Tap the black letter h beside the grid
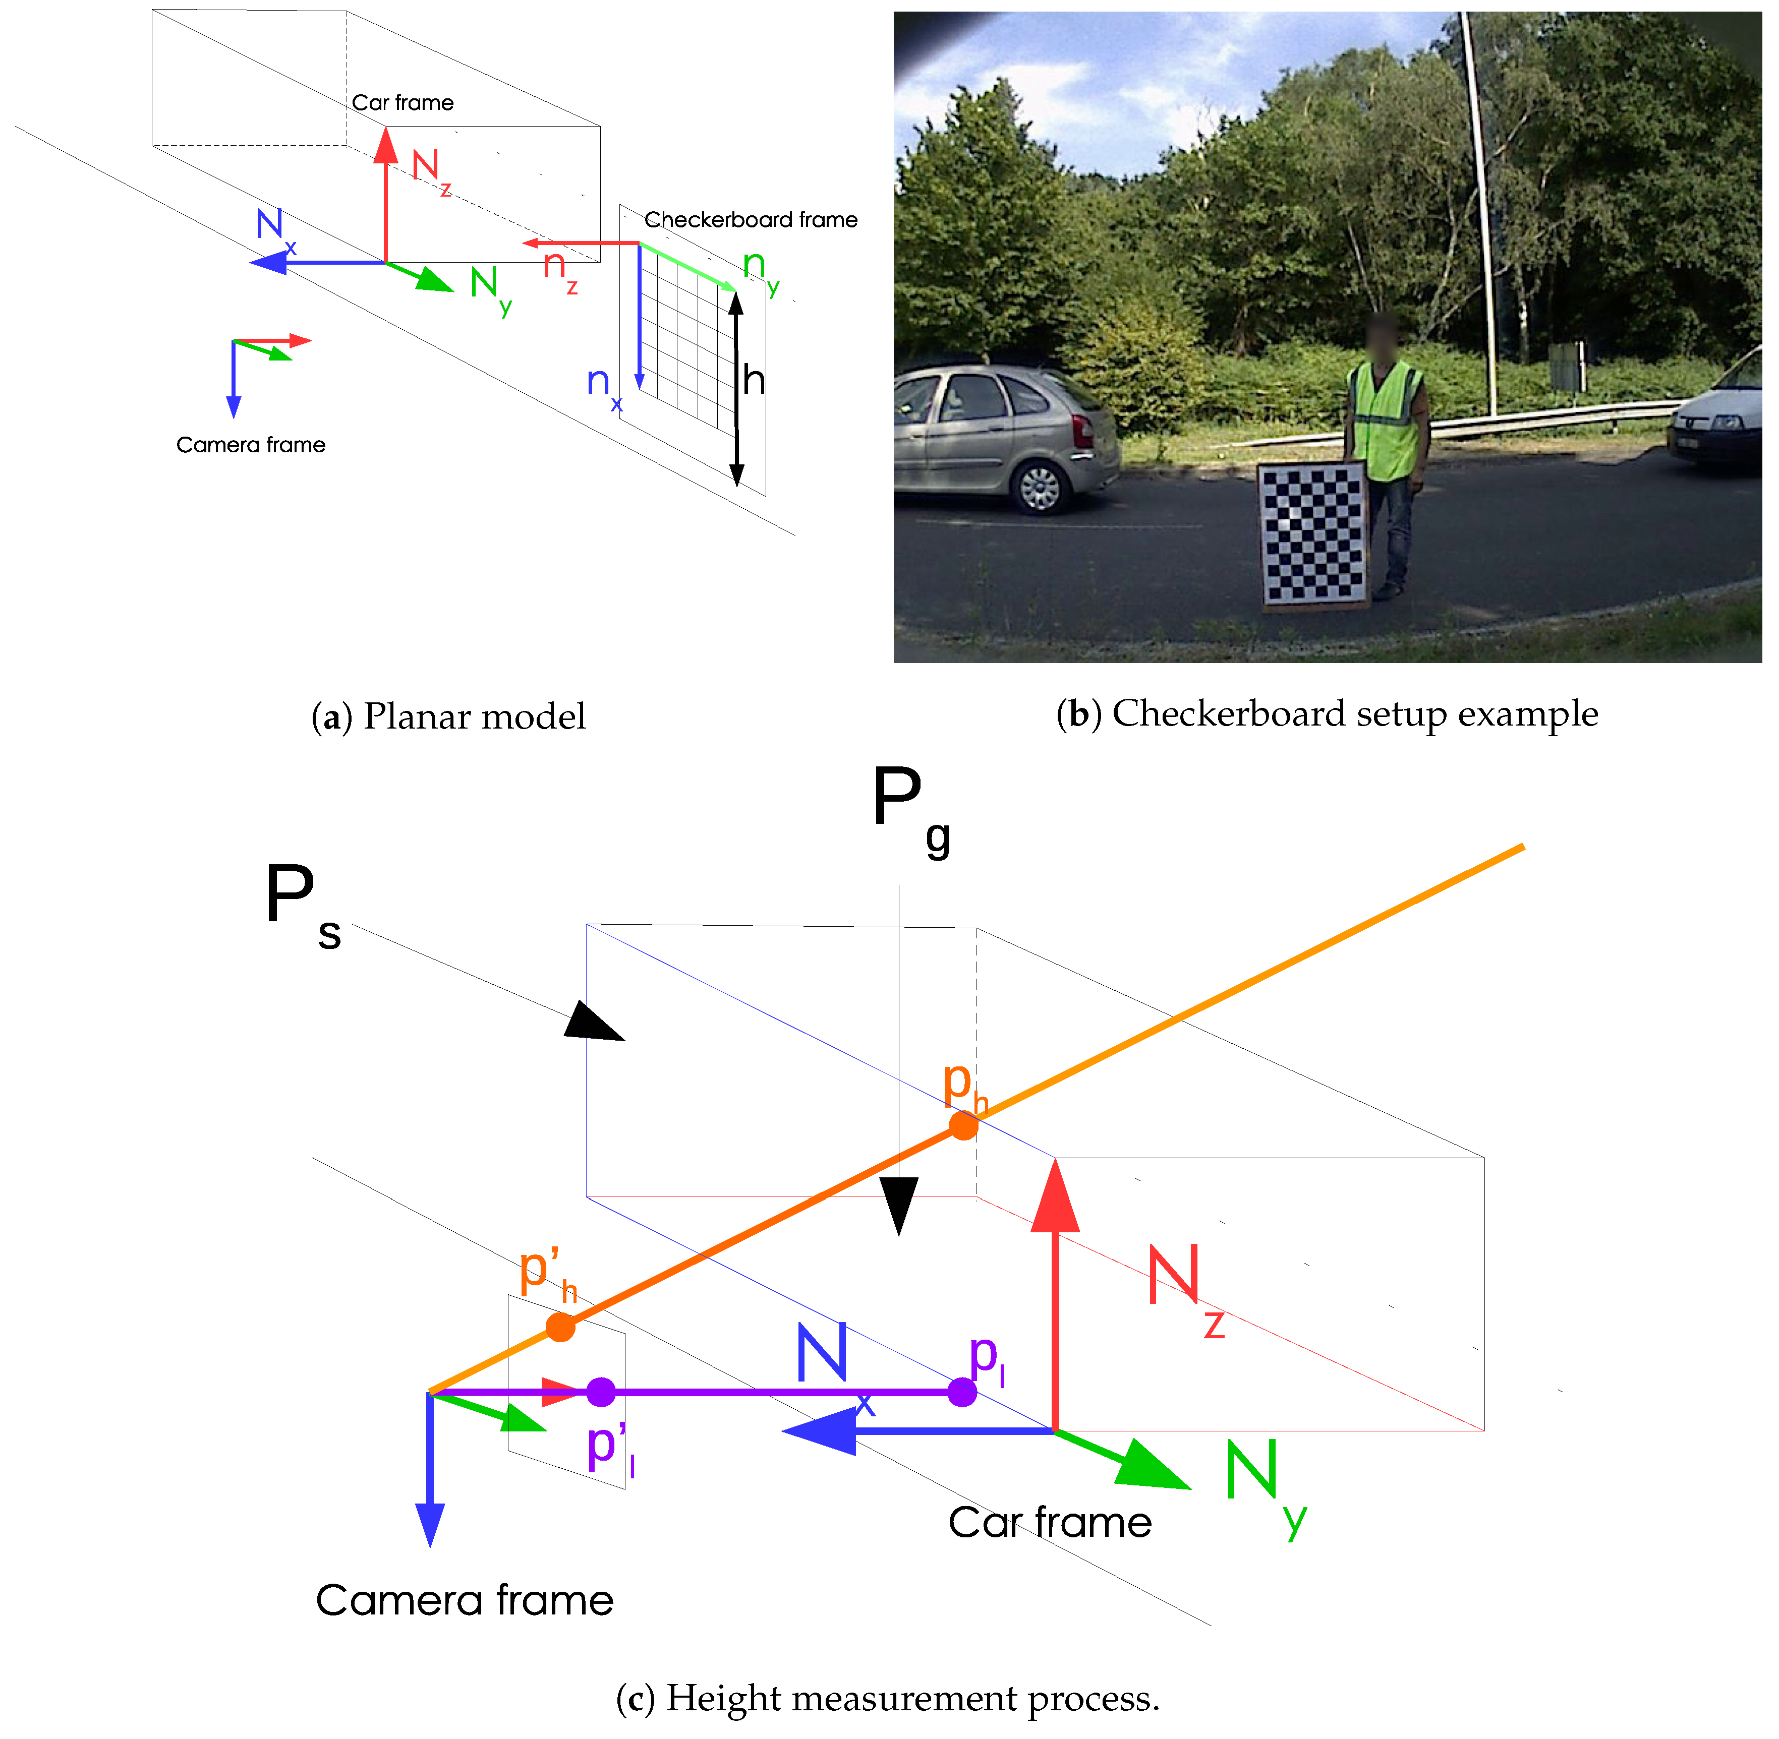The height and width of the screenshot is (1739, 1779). coord(753,380)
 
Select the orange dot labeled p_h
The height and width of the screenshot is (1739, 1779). coord(963,1125)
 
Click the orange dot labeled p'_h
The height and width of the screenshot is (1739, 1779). coord(560,1327)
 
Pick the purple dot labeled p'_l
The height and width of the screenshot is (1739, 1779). coord(600,1392)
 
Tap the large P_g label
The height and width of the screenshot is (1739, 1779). coord(909,808)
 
